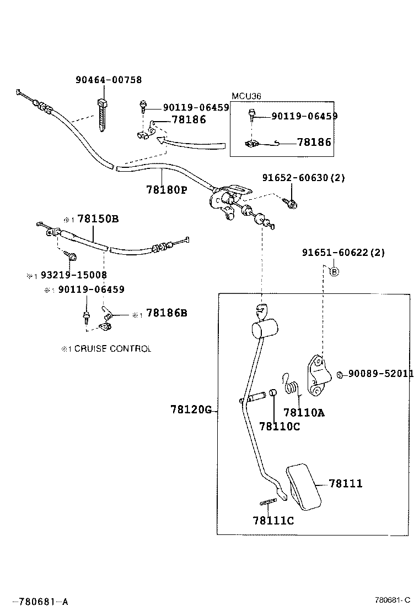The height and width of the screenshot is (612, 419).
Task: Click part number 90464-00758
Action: pyautogui.click(x=108, y=80)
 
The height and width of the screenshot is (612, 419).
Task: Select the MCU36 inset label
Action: pyautogui.click(x=246, y=96)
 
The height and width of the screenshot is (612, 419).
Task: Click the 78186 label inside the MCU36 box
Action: pyautogui.click(x=314, y=142)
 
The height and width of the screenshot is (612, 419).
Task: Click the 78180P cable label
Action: pyautogui.click(x=166, y=190)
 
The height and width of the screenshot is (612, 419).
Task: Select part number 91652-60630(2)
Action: pyautogui.click(x=303, y=178)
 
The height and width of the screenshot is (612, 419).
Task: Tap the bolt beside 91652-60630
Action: pyautogui.click(x=291, y=204)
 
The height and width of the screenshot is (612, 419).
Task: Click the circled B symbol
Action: pyautogui.click(x=334, y=270)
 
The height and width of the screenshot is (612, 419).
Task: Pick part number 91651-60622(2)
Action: pyautogui.click(x=343, y=253)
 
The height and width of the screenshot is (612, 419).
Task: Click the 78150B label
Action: pyautogui.click(x=98, y=218)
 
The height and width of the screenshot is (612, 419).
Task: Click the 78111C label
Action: pyautogui.click(x=273, y=520)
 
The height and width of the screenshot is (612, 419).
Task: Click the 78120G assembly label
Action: pyautogui.click(x=191, y=410)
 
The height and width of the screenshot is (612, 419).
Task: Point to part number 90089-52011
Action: pyautogui.click(x=380, y=374)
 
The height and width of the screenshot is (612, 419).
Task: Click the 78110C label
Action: pyautogui.click(x=280, y=426)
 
